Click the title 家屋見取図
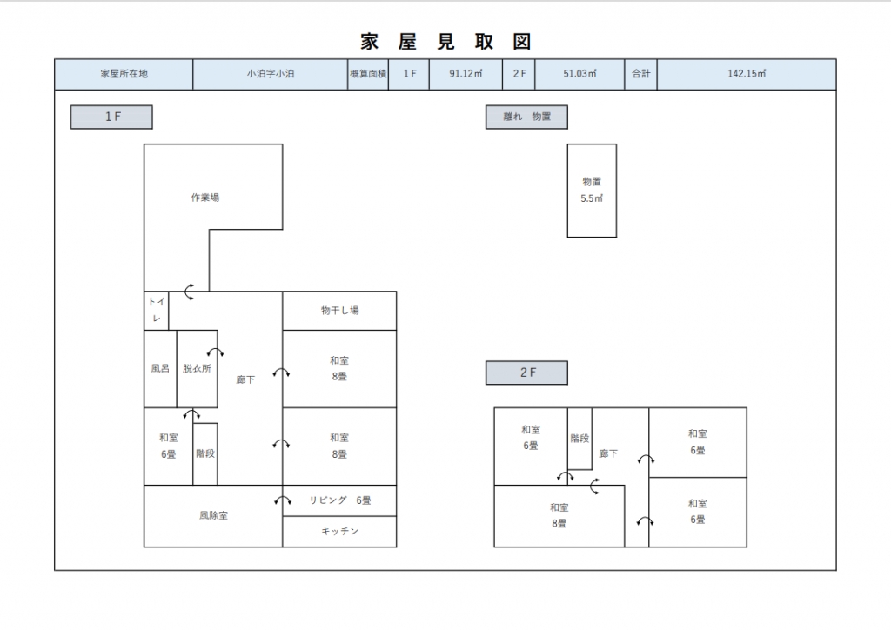point(446,42)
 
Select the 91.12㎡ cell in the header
point(466,74)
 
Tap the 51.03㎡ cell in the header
point(579,74)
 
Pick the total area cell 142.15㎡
point(747,74)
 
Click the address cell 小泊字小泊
point(271,74)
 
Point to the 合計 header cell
point(641,74)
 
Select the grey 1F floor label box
point(111,117)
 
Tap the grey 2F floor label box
point(526,373)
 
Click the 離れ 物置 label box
point(526,117)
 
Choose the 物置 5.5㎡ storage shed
point(592,191)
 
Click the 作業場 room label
point(205,198)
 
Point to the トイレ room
point(157,311)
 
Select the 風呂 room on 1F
point(160,369)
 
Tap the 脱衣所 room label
point(197,369)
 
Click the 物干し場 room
point(339,311)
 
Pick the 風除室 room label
point(214,515)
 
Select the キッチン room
point(339,532)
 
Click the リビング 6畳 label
point(340,500)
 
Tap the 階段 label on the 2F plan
point(579,439)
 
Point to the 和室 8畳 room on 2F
point(559,516)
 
